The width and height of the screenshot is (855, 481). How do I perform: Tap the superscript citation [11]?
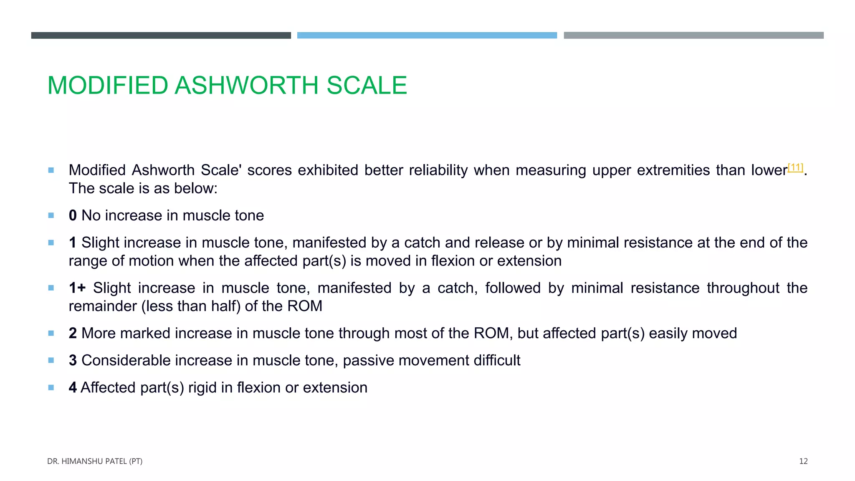point(795,167)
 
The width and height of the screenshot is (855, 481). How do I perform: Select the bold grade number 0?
point(73,215)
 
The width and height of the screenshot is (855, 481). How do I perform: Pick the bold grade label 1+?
point(77,288)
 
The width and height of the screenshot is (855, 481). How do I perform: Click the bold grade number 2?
point(73,333)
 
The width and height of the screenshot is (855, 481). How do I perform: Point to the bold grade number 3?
point(73,360)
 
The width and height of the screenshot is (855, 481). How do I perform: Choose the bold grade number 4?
point(73,387)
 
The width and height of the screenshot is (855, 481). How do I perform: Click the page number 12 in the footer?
point(803,461)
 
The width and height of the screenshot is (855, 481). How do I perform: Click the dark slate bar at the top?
point(161,35)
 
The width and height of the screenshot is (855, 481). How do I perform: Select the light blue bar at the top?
point(427,35)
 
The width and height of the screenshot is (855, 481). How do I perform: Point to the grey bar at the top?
point(693,35)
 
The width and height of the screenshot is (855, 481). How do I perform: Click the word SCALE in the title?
point(367,86)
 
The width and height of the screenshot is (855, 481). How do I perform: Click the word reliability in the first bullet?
point(438,170)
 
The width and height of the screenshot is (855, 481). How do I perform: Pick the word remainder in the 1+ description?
point(103,306)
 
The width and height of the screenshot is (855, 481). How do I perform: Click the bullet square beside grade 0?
point(51,215)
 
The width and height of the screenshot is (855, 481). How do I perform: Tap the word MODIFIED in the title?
point(108,86)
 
